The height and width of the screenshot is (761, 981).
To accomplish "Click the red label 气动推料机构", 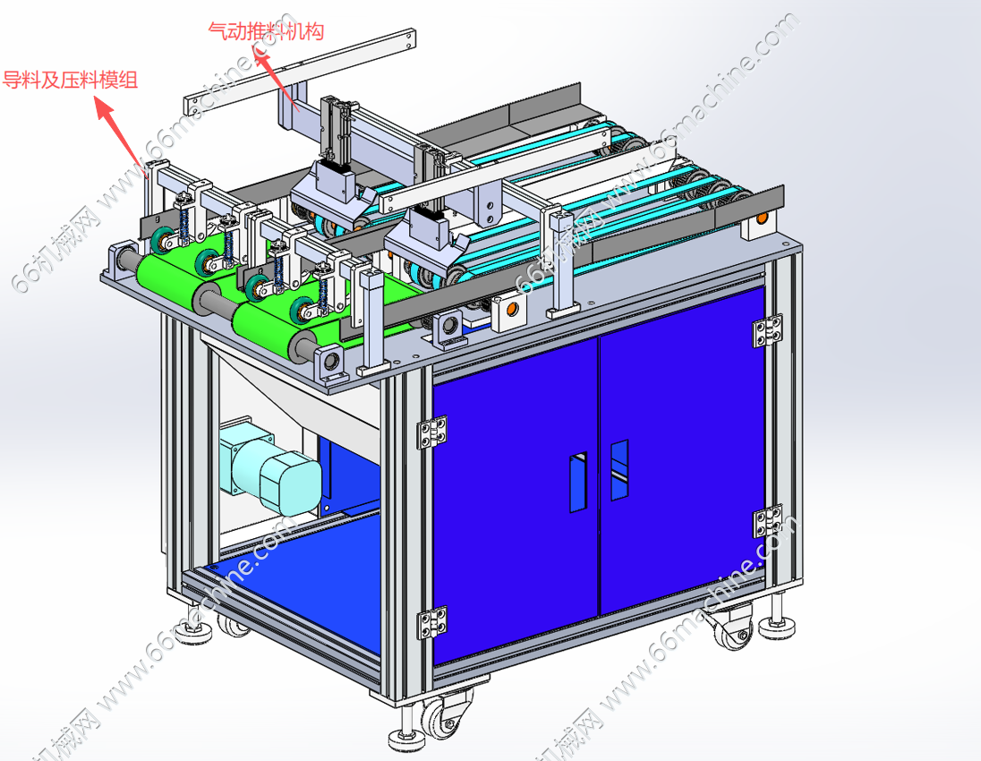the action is pos(266,30).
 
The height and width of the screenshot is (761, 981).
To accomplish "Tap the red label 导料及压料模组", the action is pos(70,80).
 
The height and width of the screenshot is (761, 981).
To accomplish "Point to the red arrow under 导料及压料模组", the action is pos(121,133).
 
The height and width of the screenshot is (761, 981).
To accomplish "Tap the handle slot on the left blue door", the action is pos(579,482).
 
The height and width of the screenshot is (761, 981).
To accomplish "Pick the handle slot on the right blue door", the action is pos(619,470).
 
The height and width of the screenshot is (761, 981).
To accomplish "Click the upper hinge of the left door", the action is pos(432,432).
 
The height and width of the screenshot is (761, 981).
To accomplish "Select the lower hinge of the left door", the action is pos(432,623).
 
